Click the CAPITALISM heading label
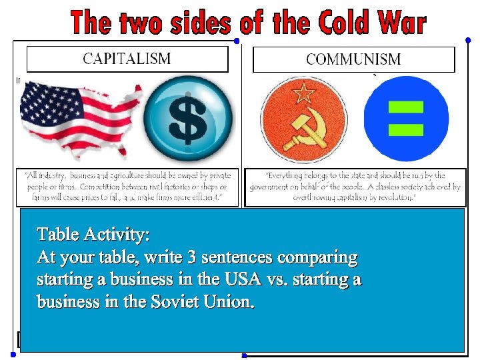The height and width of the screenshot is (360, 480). tap(127, 59)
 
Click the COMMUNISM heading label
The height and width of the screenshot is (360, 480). tap(353, 59)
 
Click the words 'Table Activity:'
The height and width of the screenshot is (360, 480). tap(93, 235)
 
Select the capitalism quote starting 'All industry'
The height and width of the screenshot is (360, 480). tap(127, 187)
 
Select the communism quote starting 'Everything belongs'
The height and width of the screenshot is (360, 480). tap(355, 187)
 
